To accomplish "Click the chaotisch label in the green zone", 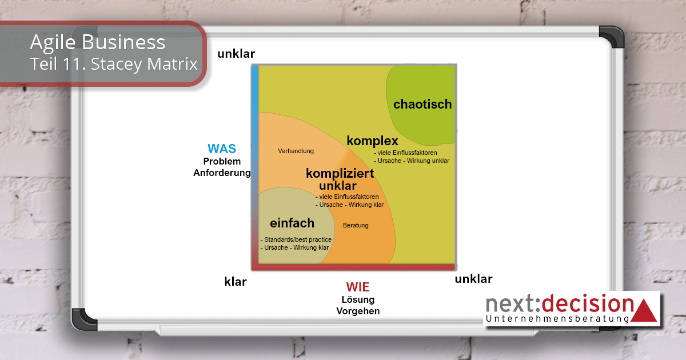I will [422, 105].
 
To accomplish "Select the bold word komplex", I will [372, 141].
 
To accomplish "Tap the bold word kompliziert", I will [340, 173].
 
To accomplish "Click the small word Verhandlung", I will [296, 151].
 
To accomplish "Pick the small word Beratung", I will [356, 225].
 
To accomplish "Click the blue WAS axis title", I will [222, 149].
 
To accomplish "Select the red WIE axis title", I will [357, 287].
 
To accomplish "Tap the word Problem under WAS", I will [222, 162].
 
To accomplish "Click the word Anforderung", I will [222, 173].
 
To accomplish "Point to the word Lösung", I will [358, 300].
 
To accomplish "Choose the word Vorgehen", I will [358, 311].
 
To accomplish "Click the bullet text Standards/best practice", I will [292, 239].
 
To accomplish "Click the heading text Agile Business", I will [98, 42].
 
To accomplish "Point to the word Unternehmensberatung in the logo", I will [558, 318].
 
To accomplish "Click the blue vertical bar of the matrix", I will [255, 166].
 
